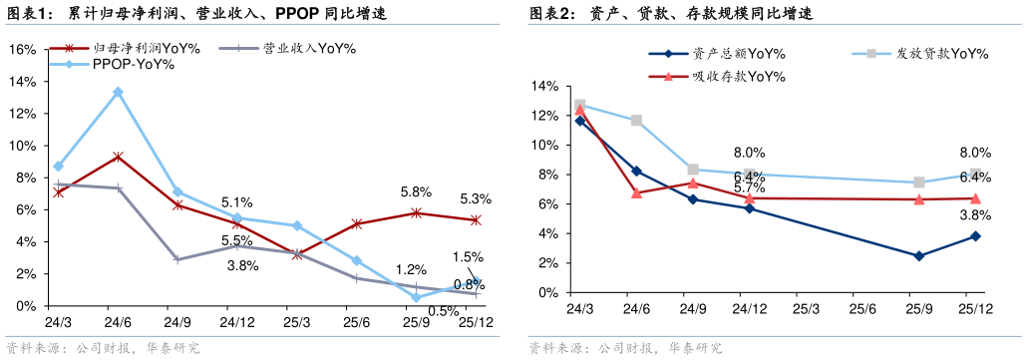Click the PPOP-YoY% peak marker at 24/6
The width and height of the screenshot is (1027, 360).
tap(118, 92)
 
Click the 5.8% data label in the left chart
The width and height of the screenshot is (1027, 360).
tap(415, 191)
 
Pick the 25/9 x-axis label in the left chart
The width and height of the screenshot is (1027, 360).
tap(416, 322)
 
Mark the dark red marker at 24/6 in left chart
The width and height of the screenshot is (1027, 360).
tap(118, 157)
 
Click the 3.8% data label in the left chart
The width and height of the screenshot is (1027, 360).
tap(243, 265)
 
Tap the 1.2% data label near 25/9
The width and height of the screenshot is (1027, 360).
tap(411, 269)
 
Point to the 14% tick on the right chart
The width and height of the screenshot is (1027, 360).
tap(546, 87)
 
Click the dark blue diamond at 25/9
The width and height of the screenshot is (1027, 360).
tap(918, 256)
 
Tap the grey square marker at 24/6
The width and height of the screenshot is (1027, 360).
tap(636, 121)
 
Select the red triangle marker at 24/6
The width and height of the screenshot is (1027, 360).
tap(636, 192)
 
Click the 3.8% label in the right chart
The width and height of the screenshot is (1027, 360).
tap(974, 215)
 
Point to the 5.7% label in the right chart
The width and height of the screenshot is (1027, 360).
tap(749, 187)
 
